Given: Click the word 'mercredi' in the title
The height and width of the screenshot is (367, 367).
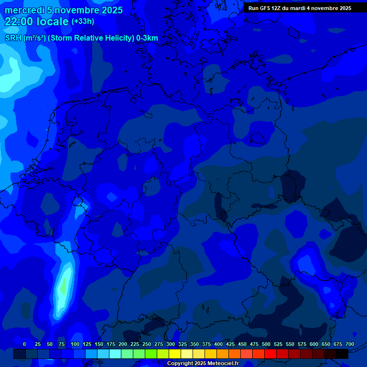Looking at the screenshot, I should point(24,10).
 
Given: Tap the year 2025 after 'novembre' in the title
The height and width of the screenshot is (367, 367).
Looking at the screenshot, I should point(110,10).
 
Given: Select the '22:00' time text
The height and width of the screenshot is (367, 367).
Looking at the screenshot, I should point(19,22).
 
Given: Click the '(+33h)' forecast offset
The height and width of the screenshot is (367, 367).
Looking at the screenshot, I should point(83,22).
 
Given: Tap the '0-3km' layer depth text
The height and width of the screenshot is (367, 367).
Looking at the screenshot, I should point(147,38).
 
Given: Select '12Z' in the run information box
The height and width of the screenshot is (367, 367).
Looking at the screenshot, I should point(280,8).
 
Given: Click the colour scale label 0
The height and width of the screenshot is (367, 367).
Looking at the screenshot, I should point(24,344).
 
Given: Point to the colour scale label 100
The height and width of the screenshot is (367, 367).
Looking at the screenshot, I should point(75,344).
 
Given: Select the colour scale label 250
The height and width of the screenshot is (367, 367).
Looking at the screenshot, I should point(147,344).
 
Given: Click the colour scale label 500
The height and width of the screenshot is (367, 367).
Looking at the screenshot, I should point(266,344).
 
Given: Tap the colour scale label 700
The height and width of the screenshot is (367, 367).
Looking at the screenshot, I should point(350,344).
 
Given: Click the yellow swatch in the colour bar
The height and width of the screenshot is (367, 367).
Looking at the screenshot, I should point(175,354).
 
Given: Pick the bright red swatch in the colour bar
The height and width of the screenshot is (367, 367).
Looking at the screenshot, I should point(270,354).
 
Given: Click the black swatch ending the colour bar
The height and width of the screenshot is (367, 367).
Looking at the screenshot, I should point(342,354).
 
